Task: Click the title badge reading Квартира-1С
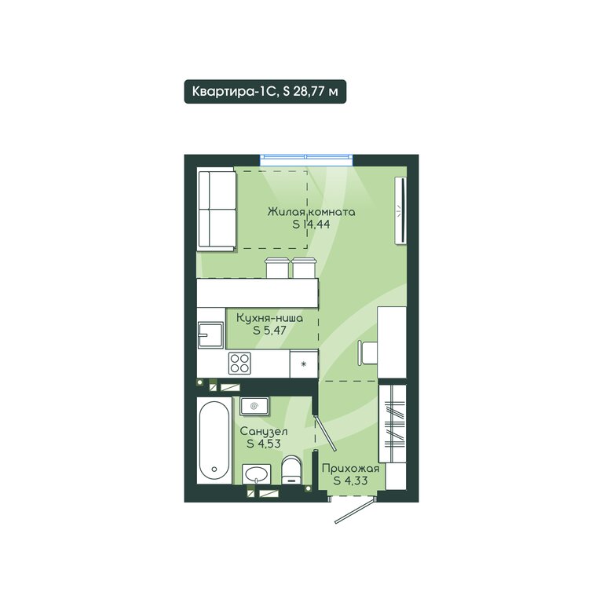265,92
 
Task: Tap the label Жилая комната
312,212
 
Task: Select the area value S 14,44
311,225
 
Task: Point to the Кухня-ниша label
269,319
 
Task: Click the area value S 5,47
269,331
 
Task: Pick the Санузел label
264,432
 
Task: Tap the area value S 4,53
264,444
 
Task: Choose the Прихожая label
351,469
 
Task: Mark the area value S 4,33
351,481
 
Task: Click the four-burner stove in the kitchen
239,363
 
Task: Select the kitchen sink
210,335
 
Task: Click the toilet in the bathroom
291,470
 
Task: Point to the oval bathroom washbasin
256,473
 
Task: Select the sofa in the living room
217,210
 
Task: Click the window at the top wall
306,159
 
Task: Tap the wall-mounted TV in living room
400,210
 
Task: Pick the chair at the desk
367,353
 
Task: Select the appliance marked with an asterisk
304,364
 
